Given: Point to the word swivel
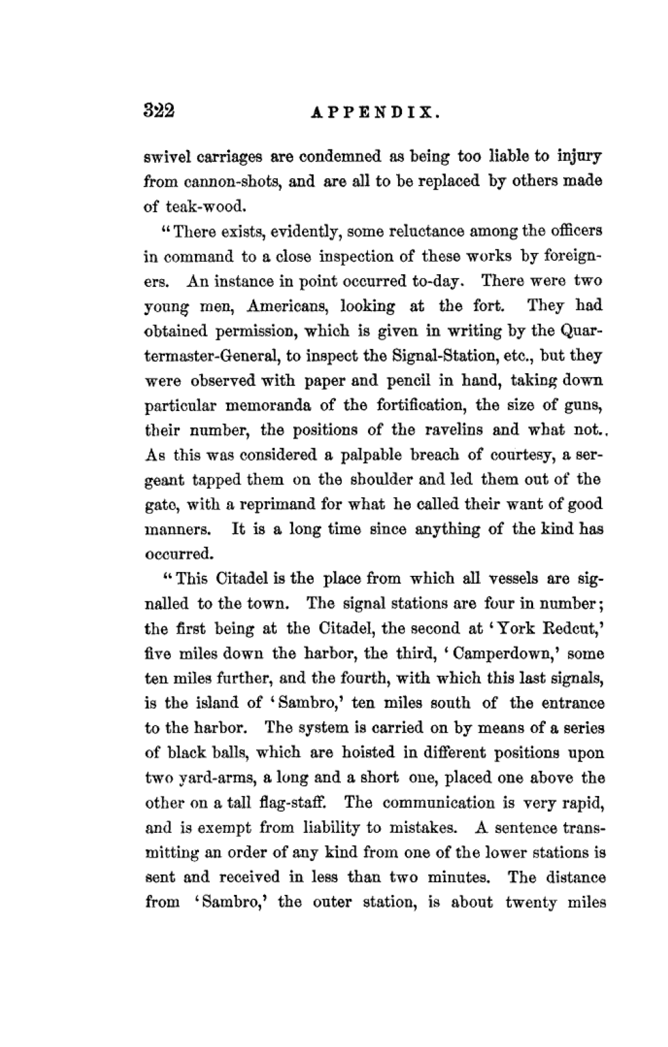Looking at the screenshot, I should [x=164, y=157].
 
